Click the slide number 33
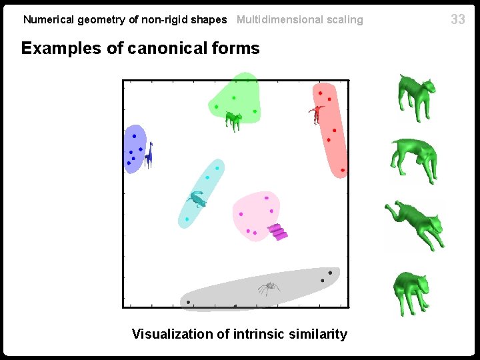point(458,19)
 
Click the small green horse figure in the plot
point(233,120)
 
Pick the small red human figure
point(317,113)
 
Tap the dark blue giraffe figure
point(149,155)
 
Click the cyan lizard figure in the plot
point(197,198)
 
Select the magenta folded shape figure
point(279,232)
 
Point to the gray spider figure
point(269,288)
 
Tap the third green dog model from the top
point(415,223)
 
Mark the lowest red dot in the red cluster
point(342,171)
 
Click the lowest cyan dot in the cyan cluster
point(187,219)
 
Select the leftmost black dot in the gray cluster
point(189,302)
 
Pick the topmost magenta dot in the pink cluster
point(266,198)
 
